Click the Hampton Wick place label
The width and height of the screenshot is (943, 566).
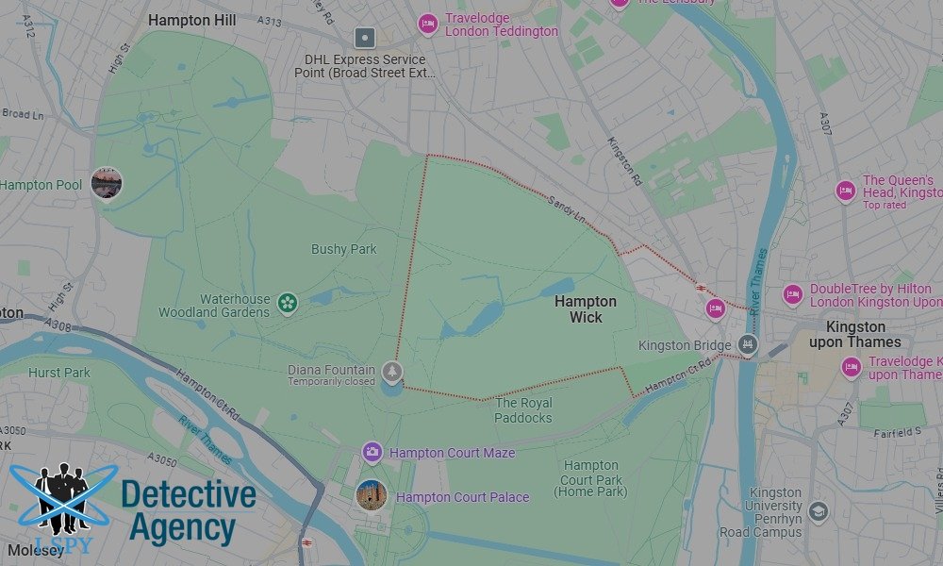[585, 309]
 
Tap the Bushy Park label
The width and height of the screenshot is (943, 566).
[343, 249]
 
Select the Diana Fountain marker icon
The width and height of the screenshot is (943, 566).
[392, 371]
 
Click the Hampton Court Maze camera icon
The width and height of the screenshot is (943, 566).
[372, 453]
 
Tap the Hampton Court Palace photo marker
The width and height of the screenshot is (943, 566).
[371, 493]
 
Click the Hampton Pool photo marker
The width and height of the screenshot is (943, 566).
[107, 182]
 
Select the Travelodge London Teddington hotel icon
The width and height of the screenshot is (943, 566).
[428, 24]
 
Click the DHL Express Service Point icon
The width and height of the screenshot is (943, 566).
[365, 39]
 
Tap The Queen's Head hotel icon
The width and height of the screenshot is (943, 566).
[846, 191]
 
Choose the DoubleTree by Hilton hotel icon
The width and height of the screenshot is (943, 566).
[793, 295]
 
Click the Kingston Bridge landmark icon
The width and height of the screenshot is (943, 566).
[748, 345]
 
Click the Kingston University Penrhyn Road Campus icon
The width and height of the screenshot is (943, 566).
[819, 511]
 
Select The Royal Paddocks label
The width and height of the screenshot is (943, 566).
[523, 410]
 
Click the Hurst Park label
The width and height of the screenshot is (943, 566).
[58, 373]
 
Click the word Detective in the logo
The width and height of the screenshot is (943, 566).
[189, 494]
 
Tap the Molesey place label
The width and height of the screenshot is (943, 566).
[35, 550]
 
